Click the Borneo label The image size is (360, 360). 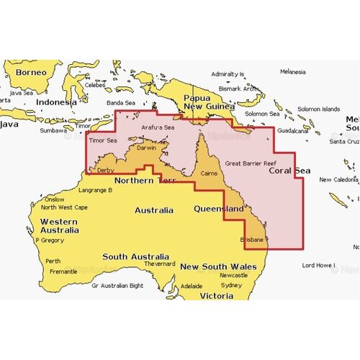tap(29, 72)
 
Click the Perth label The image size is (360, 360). tap(53, 261)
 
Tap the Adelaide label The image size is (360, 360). tap(192, 285)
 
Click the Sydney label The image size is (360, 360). tap(232, 284)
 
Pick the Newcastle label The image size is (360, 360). tap(234, 275)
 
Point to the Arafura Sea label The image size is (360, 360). tap(158, 127)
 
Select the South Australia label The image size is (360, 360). tap(136, 256)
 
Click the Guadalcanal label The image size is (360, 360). tap(293, 131)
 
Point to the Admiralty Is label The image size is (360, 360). tap(228, 74)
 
